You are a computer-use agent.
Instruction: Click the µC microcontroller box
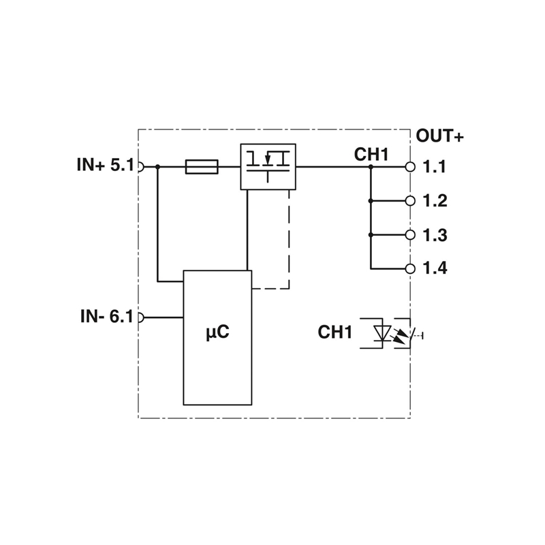pos(217,337)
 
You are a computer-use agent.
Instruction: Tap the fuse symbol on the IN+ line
pos(202,167)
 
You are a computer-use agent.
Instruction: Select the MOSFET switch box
pos(268,167)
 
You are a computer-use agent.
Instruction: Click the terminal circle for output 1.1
pos(410,167)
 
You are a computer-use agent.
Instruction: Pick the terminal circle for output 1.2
pos(410,201)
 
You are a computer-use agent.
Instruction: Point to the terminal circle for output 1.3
pos(410,235)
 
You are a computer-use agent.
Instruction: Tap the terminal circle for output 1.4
pos(410,268)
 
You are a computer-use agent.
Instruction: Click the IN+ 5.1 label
pos(106,165)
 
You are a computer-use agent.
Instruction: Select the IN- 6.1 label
pos(107,316)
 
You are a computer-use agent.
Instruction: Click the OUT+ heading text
pos(439,136)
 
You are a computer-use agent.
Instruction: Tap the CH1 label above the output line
pos(371,155)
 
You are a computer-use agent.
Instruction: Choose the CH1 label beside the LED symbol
pos(335,332)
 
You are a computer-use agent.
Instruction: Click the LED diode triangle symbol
pos(382,333)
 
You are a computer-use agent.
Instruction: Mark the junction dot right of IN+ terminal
pos(157,167)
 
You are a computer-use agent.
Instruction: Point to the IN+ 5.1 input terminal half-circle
pos(141,167)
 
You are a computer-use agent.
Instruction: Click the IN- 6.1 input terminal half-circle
pos(141,317)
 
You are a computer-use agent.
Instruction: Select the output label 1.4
pos(435,268)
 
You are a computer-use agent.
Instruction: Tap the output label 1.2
pos(435,201)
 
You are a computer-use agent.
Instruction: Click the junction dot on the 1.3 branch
pos(371,235)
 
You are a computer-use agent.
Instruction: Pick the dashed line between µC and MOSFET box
pos(289,240)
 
